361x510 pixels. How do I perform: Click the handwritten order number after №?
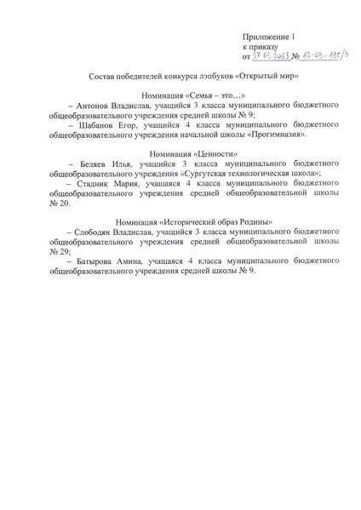point(321,57)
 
